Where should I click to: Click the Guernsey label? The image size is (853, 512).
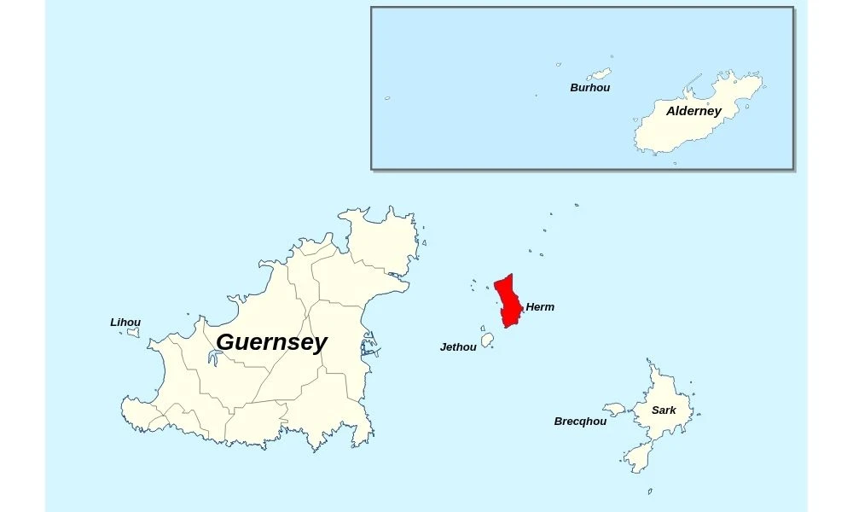tap(271, 342)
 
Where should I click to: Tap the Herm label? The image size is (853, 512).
tap(540, 307)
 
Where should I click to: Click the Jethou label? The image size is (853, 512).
tap(458, 347)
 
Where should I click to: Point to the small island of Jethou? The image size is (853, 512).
tap(488, 340)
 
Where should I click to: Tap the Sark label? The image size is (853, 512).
tap(664, 410)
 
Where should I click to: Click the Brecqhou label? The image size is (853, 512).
tap(580, 422)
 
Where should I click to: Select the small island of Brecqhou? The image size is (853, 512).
tap(614, 410)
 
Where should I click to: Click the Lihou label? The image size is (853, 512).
tap(125, 323)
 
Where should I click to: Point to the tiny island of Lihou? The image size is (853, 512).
tap(133, 333)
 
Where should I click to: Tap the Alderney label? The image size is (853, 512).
tap(693, 111)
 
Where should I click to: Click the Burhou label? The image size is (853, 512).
tap(589, 88)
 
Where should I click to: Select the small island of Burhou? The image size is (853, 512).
tap(601, 74)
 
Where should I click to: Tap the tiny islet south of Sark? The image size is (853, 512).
tap(649, 492)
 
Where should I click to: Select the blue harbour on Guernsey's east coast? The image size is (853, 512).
tap(368, 348)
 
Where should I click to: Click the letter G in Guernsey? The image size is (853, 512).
tap(227, 342)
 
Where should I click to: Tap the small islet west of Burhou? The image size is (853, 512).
tap(559, 64)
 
